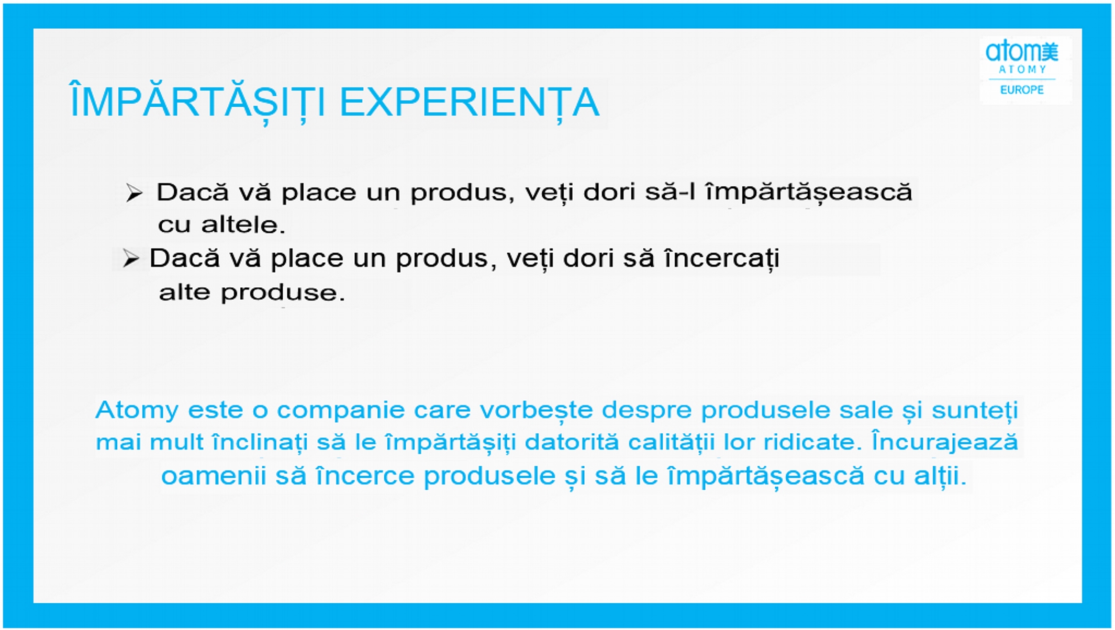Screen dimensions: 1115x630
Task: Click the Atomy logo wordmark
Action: (x=1022, y=51)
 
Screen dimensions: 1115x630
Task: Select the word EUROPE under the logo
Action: (x=1022, y=90)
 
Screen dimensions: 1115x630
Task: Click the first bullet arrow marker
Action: (x=134, y=193)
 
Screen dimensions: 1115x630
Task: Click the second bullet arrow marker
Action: (x=131, y=258)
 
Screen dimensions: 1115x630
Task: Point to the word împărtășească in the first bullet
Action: (x=809, y=193)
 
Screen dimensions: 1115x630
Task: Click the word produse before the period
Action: (x=278, y=292)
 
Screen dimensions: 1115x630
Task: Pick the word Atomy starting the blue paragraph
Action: (x=137, y=411)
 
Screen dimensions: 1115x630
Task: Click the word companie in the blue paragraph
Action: (x=341, y=410)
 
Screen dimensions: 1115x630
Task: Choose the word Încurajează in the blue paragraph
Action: (x=945, y=443)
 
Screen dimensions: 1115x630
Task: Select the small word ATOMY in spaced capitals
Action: (x=1022, y=70)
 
